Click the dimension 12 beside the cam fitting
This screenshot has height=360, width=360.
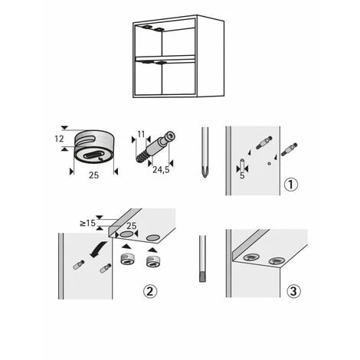pos(58,139)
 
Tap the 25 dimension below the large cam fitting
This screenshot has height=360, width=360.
pos(92,176)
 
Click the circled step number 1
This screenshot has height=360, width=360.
pos(290,185)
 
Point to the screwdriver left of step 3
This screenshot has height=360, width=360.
pos(202,260)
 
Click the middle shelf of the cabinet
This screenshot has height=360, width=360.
pos(165,58)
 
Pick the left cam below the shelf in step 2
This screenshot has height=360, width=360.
pos(127,260)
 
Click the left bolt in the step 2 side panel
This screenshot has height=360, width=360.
pos(77,264)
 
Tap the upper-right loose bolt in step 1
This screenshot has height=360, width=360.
pos(290,148)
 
